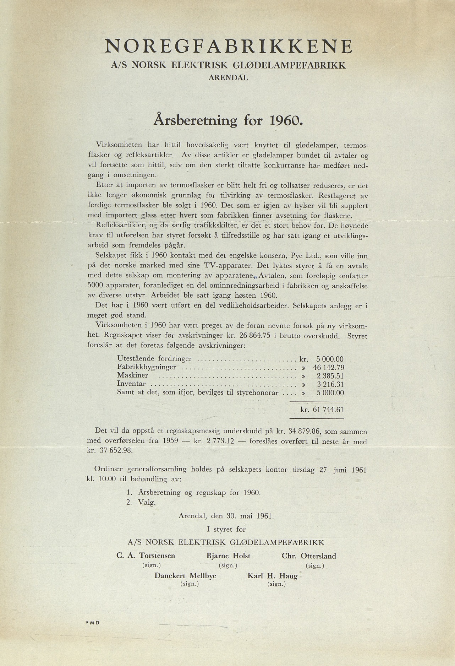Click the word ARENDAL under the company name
coord(228,78)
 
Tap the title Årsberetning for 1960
coord(228,121)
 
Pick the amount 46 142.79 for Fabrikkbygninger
coord(328,368)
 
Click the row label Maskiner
coord(133,375)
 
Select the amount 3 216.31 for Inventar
coord(330,384)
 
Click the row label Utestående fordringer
coord(154,359)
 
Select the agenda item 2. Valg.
coord(141,502)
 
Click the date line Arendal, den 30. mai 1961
coord(226,516)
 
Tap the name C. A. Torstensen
coord(146,556)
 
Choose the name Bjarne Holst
coord(228,556)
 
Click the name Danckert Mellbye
coord(185,576)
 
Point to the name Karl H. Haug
coord(272,576)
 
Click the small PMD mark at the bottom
coord(92,623)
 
